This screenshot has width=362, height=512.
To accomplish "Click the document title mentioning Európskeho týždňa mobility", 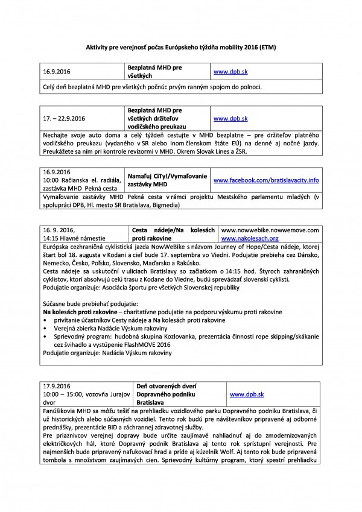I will [180, 46].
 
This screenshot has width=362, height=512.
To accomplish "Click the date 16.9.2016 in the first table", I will [57, 71].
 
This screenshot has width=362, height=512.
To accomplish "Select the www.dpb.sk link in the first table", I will [226, 71].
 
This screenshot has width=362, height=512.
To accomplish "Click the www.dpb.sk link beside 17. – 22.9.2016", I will [226, 118].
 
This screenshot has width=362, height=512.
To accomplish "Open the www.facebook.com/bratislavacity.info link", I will [266, 180].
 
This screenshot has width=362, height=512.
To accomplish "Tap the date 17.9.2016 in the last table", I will [57, 386].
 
